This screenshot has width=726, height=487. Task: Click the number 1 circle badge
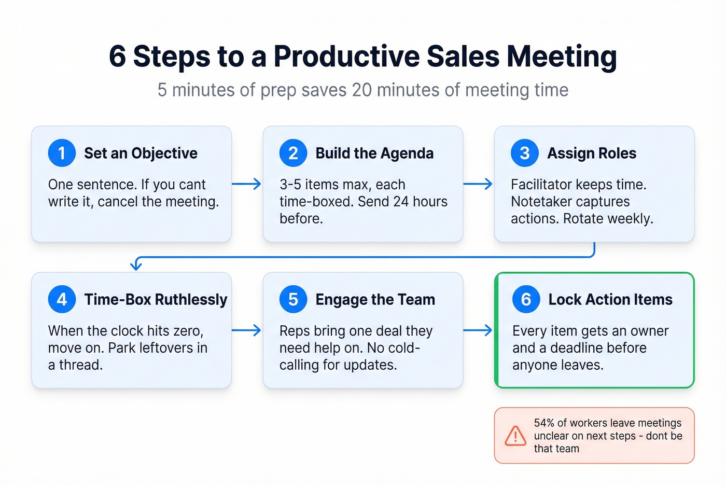pos(62,153)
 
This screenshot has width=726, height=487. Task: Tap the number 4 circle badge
pos(62,299)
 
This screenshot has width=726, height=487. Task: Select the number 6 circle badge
pos(526,299)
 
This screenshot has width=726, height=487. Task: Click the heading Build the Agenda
pos(374,153)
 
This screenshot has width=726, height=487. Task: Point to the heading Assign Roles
pos(592,153)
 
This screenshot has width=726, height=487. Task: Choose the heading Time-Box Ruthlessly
pos(156,299)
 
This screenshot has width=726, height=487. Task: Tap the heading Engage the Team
pos(375,299)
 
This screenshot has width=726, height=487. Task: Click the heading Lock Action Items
pos(610,299)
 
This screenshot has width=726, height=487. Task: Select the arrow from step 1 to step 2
pos(247,184)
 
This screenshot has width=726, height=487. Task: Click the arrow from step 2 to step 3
pos(478,184)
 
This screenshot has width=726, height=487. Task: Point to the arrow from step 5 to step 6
pos(478,330)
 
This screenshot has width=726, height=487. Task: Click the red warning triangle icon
pos(515,436)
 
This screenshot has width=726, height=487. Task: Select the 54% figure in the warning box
pos(544,423)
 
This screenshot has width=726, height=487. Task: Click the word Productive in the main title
pos(346,57)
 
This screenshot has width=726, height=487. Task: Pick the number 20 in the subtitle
pos(361,90)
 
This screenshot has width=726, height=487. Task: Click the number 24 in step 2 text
pos(401,201)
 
